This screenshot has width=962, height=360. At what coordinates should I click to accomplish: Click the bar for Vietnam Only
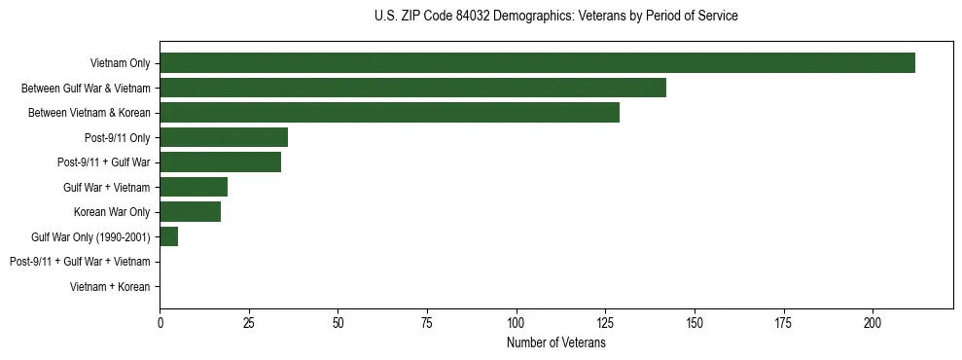click(537, 63)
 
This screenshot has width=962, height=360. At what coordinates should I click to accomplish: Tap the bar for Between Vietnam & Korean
click(389, 113)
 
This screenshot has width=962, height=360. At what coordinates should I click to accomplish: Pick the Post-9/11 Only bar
click(224, 137)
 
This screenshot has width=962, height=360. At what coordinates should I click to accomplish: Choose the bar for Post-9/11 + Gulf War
click(220, 162)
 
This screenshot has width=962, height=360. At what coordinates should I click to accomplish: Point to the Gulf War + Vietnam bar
click(194, 187)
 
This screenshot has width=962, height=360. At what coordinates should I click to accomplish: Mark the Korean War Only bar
click(190, 212)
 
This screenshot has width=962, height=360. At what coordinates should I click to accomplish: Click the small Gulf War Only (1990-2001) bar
click(168, 236)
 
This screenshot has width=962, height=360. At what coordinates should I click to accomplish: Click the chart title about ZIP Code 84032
click(555, 17)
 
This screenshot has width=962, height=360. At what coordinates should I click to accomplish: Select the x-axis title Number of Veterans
click(555, 342)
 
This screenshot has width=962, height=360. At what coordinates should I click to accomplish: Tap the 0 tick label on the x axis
click(160, 321)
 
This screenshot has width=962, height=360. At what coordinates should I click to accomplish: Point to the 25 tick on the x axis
click(249, 321)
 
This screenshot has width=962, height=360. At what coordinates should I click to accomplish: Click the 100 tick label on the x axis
click(516, 321)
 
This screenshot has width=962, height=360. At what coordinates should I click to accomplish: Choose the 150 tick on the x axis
click(695, 321)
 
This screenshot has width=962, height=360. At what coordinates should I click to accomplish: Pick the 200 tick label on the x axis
click(873, 321)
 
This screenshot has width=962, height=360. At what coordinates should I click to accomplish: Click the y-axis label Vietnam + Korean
click(110, 287)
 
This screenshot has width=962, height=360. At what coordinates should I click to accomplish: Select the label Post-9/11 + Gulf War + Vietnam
click(80, 262)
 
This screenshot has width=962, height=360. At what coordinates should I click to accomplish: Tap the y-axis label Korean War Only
click(112, 212)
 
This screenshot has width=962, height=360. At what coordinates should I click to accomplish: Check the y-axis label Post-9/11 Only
click(117, 137)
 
